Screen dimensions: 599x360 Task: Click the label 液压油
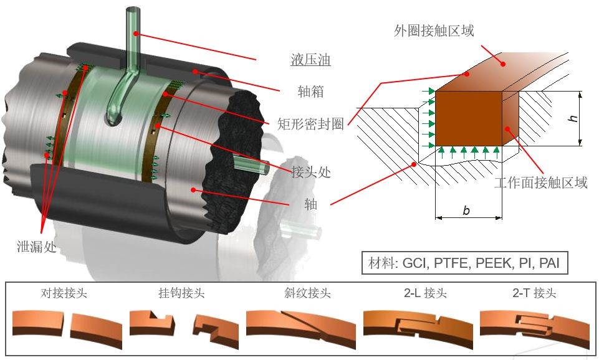pos(310,60)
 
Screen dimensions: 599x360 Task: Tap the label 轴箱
pos(310,91)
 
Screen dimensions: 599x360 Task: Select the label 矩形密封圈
pos(310,124)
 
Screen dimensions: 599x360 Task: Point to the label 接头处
pos(310,172)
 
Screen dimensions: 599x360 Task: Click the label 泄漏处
pos(37,247)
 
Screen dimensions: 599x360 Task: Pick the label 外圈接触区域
pos(434,31)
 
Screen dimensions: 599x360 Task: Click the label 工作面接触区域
pos(540,183)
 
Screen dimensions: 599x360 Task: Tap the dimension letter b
pos(466,211)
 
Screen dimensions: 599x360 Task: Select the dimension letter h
pos(573,118)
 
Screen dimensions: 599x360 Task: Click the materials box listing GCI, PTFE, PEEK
pos(464,263)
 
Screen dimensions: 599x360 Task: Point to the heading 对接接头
pos(64,293)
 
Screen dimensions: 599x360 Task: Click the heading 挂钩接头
pos(181,293)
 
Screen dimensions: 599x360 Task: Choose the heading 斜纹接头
pos(307,293)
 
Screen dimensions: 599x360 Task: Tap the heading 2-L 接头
pos(425,293)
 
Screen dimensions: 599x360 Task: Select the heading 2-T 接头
pos(534,293)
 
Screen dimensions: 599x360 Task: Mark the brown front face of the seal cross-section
pos(468,118)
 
